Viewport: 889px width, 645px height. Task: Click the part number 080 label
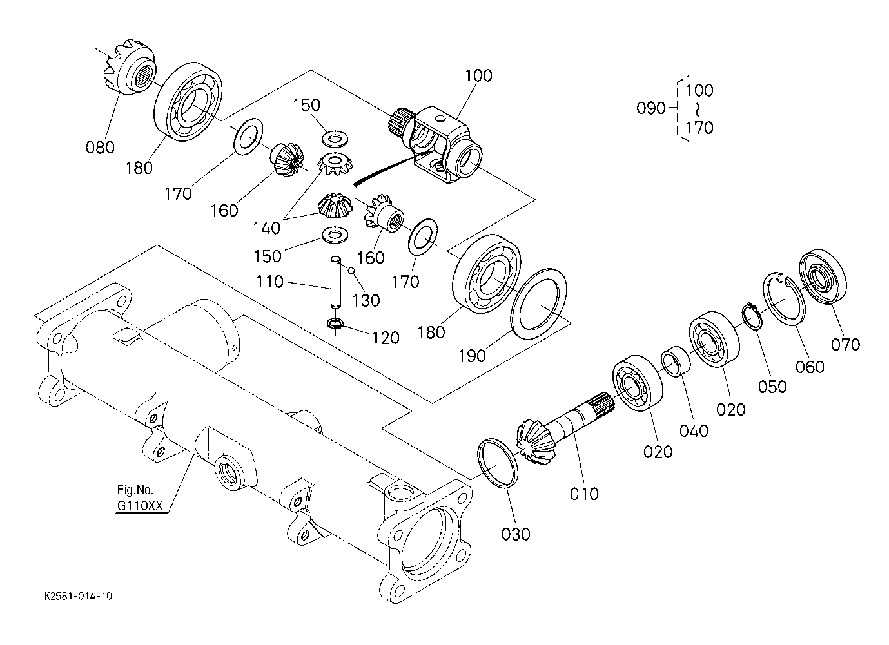click(100, 147)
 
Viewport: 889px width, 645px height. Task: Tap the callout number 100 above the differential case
click(478, 75)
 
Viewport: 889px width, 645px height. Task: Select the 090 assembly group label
click(651, 108)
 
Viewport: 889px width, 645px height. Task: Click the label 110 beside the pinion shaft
click(269, 282)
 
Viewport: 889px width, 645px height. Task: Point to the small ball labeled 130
click(351, 271)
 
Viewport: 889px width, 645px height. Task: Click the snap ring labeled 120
click(335, 324)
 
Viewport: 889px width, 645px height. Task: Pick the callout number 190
click(472, 356)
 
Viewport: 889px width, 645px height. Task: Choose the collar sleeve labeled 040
click(676, 361)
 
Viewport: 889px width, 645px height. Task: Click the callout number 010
click(584, 494)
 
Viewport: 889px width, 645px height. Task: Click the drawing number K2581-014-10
click(78, 596)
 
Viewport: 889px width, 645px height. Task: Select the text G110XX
click(140, 506)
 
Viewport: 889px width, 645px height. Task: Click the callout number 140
click(266, 228)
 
